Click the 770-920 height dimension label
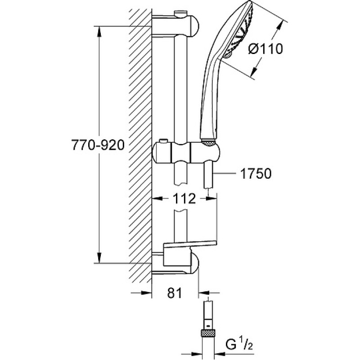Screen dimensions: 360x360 coord(98,145)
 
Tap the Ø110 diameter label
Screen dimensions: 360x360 coord(265,49)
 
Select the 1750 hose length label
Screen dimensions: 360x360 coord(256,173)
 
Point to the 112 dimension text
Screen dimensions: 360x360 coord(184,198)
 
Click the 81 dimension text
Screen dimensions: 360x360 coord(174,293)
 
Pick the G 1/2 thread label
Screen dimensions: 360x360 coord(239,344)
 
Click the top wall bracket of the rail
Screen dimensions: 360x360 coord(175,25)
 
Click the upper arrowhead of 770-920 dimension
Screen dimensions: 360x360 coord(99,31)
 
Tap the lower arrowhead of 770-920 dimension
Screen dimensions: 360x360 coord(99,257)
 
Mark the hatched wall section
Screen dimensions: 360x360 coord(140,147)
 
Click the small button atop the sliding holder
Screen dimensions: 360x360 coord(163,141)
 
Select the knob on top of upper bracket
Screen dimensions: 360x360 coord(181,13)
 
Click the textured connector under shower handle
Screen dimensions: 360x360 coord(208,142)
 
